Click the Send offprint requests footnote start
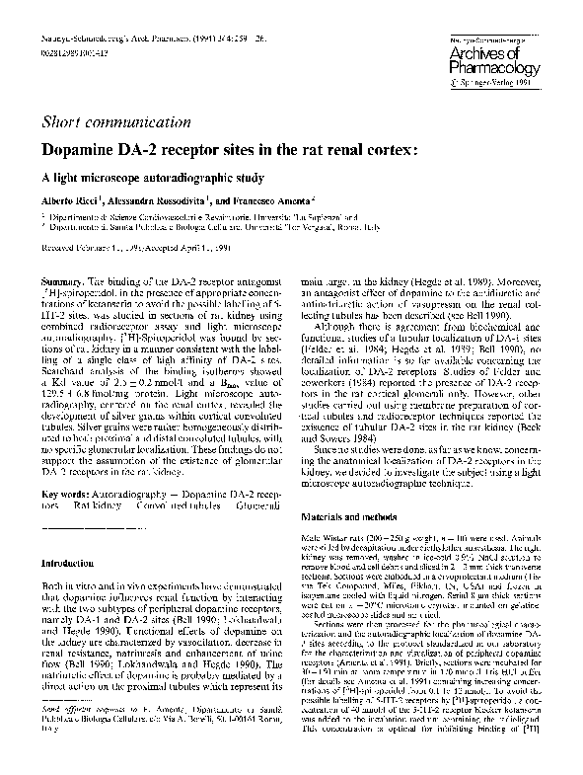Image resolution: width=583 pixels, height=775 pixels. [x=78, y=706]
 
